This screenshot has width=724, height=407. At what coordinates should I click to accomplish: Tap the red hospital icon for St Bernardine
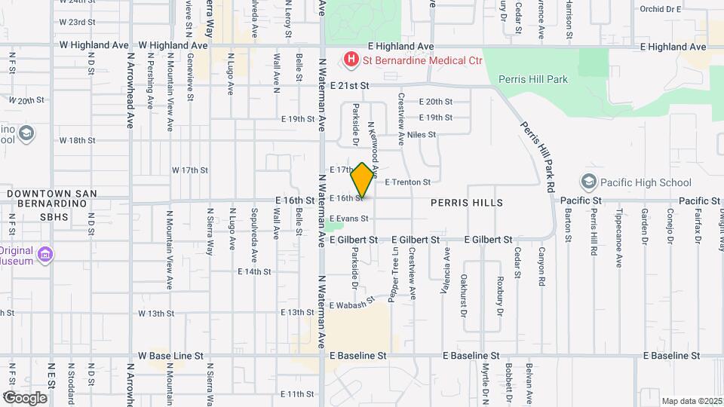pyautogui.click(x=350, y=59)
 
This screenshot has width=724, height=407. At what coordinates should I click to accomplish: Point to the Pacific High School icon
pyautogui.click(x=588, y=182)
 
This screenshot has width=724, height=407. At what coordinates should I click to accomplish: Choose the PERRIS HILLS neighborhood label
pyautogui.click(x=467, y=203)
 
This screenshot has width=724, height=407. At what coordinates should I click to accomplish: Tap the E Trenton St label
pyautogui.click(x=407, y=182)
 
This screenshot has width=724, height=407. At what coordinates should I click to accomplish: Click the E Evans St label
pyautogui.click(x=349, y=219)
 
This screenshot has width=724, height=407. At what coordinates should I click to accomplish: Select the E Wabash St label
pyautogui.click(x=353, y=304)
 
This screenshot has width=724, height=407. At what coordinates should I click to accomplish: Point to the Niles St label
pyautogui.click(x=422, y=134)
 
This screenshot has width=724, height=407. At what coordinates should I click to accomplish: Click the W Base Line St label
pyautogui.click(x=170, y=355)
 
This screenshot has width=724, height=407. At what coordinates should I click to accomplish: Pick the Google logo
pyautogui.click(x=25, y=397)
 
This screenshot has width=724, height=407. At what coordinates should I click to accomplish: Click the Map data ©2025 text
pyautogui.click(x=691, y=401)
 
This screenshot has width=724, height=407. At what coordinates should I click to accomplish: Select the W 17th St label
pyautogui.click(x=189, y=170)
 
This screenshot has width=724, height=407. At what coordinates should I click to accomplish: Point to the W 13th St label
pyautogui.click(x=156, y=313)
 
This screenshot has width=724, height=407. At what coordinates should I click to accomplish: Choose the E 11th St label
pyautogui.click(x=296, y=393)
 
